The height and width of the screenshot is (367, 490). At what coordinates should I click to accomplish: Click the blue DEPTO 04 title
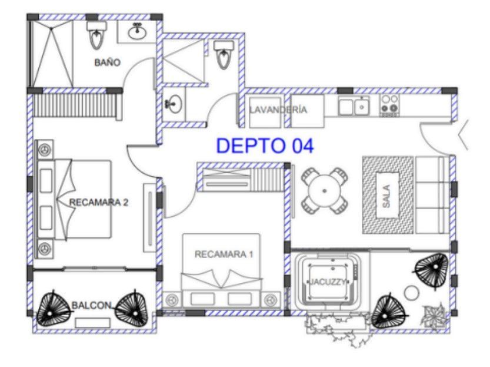[265, 146]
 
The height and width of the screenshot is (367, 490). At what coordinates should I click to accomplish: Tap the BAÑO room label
[107, 62]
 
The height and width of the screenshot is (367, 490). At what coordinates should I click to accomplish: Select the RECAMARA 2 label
[98, 203]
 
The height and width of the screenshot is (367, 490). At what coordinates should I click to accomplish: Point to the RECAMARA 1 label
[224, 254]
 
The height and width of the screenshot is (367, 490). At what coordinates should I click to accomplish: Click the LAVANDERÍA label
[278, 110]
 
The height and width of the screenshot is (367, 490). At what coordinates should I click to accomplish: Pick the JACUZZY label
[327, 282]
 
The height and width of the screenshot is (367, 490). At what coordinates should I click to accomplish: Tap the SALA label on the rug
[386, 196]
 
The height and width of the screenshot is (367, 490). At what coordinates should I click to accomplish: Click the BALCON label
[91, 305]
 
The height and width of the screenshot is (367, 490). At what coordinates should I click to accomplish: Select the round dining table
[324, 190]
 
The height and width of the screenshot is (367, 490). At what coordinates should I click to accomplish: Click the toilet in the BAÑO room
[97, 34]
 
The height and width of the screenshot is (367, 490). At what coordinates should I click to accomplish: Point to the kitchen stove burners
[389, 105]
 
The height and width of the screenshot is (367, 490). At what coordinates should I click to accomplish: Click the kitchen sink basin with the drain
[362, 107]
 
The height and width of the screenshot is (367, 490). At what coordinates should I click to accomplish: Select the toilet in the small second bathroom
[223, 54]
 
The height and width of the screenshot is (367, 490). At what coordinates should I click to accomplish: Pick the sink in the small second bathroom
[174, 104]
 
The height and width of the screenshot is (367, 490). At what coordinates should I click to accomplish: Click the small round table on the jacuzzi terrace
[412, 293]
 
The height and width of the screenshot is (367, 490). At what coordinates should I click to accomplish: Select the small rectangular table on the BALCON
[93, 323]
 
